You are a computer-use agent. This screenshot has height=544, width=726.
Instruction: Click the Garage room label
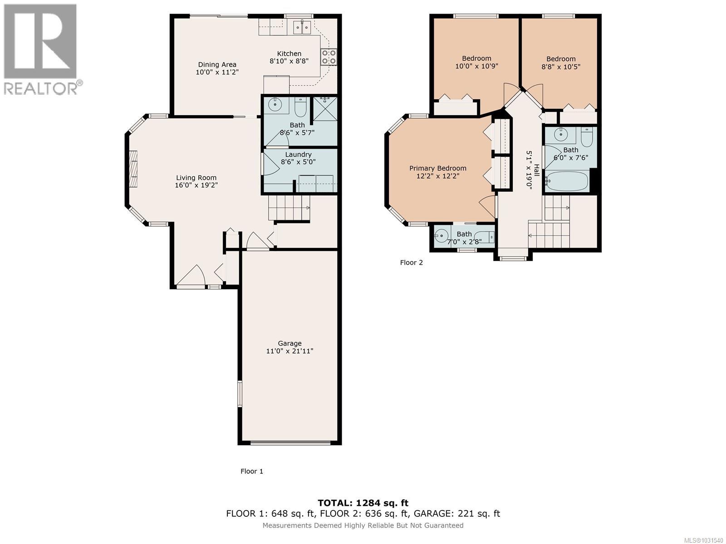coord(289,343)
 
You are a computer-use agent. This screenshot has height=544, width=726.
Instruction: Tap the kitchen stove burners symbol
coord(329,57)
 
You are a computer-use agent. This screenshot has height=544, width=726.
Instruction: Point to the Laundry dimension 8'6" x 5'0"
coord(298,162)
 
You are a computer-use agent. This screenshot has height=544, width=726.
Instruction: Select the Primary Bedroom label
coord(438,168)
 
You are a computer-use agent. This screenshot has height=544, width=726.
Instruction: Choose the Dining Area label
coord(217,64)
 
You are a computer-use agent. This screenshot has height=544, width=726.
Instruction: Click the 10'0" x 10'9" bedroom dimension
coord(476,66)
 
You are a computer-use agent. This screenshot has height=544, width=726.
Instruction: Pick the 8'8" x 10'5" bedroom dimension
coord(561,67)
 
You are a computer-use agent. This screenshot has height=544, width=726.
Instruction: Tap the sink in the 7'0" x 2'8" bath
coord(441,235)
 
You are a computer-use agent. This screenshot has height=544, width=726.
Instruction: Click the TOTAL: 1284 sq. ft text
coord(363,503)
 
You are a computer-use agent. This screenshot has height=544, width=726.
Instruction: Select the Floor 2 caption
coord(411,262)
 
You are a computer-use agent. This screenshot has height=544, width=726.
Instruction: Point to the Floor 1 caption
coord(251,471)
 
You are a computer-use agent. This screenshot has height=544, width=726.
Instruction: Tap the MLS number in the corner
coord(703,540)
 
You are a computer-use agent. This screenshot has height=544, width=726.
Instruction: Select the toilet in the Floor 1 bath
coord(300,107)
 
